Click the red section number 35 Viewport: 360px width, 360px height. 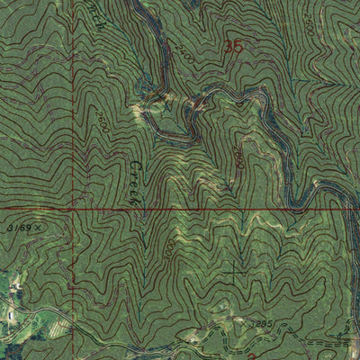click(x=236, y=44)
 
